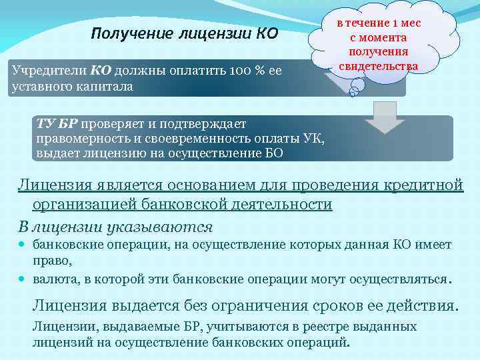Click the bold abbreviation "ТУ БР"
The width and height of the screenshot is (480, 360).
click(58, 123)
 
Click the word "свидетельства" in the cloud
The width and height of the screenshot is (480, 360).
click(378, 66)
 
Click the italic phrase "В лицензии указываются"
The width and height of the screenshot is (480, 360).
click(115, 226)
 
